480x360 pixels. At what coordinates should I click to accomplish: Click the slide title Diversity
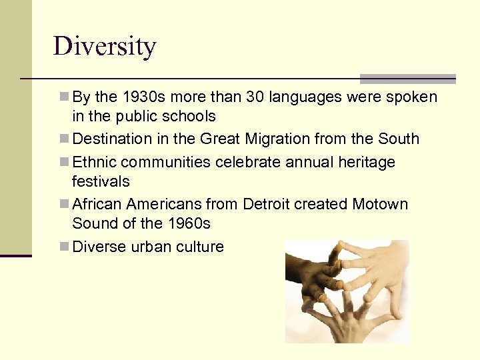[x=105, y=47]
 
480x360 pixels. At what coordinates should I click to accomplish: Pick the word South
[x=399, y=139]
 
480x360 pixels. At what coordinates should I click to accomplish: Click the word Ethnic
[x=94, y=163]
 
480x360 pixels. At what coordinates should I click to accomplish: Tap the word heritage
[x=366, y=163]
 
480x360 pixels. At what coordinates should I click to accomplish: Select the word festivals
[x=101, y=181]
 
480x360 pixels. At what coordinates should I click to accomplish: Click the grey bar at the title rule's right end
[x=407, y=79]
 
